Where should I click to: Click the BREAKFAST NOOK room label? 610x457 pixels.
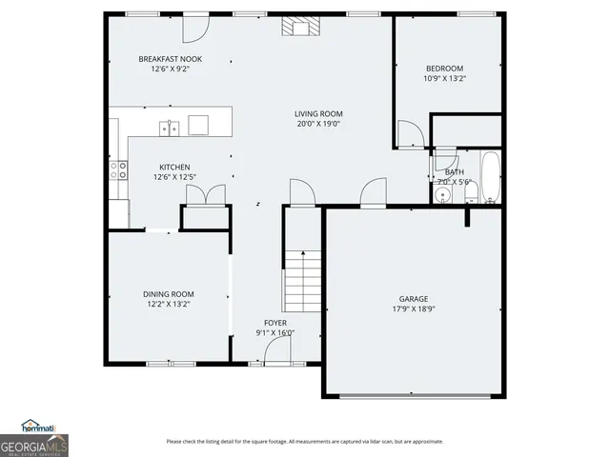pos(170,59)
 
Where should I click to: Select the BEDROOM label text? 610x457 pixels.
pos(444,68)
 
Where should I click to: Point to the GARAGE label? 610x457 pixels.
pos(413,298)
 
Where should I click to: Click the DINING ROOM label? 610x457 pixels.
pos(169,294)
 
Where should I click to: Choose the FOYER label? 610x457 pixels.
pos(274,323)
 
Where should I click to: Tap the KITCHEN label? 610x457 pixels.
pos(174,167)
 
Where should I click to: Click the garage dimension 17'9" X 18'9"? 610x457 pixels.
pos(413,308)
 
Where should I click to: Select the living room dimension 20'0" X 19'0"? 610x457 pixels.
pos(317,124)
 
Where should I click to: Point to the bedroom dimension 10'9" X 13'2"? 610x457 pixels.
pos(444,78)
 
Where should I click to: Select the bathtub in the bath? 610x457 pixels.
pos(490,177)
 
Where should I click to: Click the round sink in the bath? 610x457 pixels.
pos(442,195)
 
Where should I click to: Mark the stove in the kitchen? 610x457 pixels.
pos(119,170)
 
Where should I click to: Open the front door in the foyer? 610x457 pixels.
pos(277,353)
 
